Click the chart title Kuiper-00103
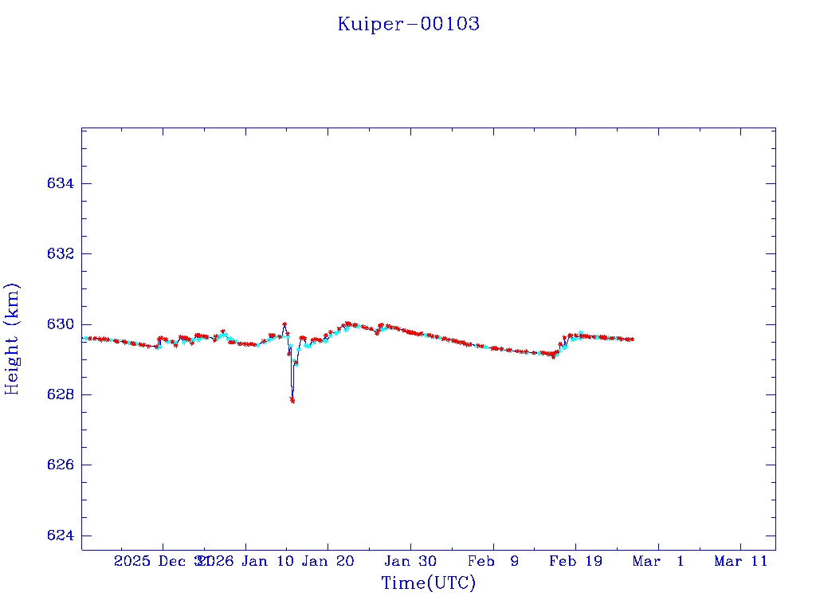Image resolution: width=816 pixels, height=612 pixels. (x=408, y=24)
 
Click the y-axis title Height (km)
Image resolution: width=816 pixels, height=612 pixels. (x=12, y=339)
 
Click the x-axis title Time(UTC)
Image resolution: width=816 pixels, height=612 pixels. (x=428, y=583)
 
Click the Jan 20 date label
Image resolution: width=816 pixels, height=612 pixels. (x=328, y=561)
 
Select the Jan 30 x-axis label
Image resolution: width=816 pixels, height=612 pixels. (x=410, y=561)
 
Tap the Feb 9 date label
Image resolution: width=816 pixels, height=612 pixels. (x=492, y=561)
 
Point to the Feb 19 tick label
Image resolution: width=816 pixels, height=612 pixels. (x=575, y=561)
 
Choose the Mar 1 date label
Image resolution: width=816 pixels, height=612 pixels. (x=658, y=561)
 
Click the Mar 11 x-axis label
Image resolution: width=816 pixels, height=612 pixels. (x=740, y=561)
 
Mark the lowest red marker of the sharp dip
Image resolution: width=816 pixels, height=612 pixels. (x=292, y=400)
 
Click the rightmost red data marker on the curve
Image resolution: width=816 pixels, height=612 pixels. (x=632, y=339)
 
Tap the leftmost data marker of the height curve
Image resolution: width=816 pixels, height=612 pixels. (x=84, y=339)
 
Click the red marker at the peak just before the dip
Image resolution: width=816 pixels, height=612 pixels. (x=284, y=324)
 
